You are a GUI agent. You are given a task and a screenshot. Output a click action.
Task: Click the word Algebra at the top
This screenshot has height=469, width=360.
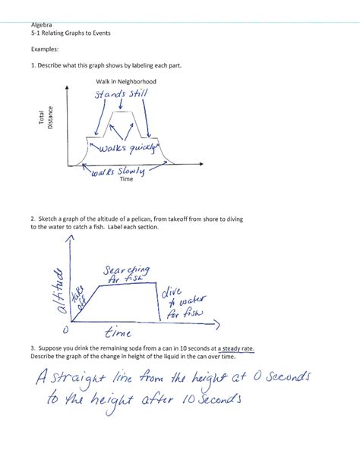click(x=43, y=25)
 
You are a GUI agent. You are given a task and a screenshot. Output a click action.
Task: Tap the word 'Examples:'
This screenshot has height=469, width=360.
click(x=46, y=49)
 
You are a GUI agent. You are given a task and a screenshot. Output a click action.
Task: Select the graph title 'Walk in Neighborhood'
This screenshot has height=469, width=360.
click(x=126, y=81)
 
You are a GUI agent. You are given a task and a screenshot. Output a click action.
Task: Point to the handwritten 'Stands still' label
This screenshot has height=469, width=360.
click(x=122, y=95)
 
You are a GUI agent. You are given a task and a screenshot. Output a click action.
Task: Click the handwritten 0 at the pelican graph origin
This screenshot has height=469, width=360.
click(x=65, y=330)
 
